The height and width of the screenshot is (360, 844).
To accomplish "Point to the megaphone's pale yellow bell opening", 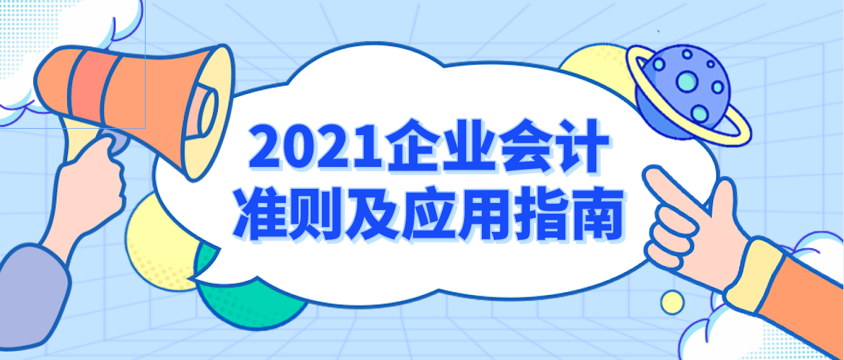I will [212, 106].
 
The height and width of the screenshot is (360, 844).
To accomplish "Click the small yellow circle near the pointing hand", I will [672, 302].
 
